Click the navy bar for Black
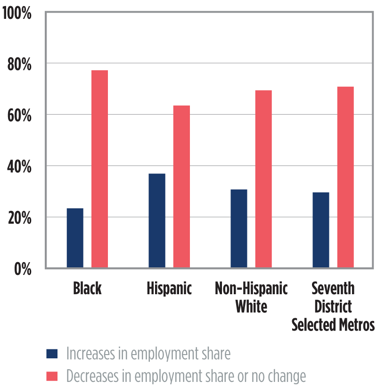(x=75, y=238)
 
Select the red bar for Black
(x=99, y=169)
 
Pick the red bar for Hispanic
(x=181, y=187)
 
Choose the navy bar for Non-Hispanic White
(x=239, y=229)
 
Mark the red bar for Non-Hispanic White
(x=263, y=179)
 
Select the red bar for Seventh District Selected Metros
(x=345, y=177)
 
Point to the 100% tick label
(x=17, y=13)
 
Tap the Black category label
(x=87, y=289)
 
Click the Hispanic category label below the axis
(x=169, y=289)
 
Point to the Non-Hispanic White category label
(x=251, y=298)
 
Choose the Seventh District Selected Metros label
(x=333, y=306)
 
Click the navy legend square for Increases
(x=52, y=354)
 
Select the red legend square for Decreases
(x=52, y=376)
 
